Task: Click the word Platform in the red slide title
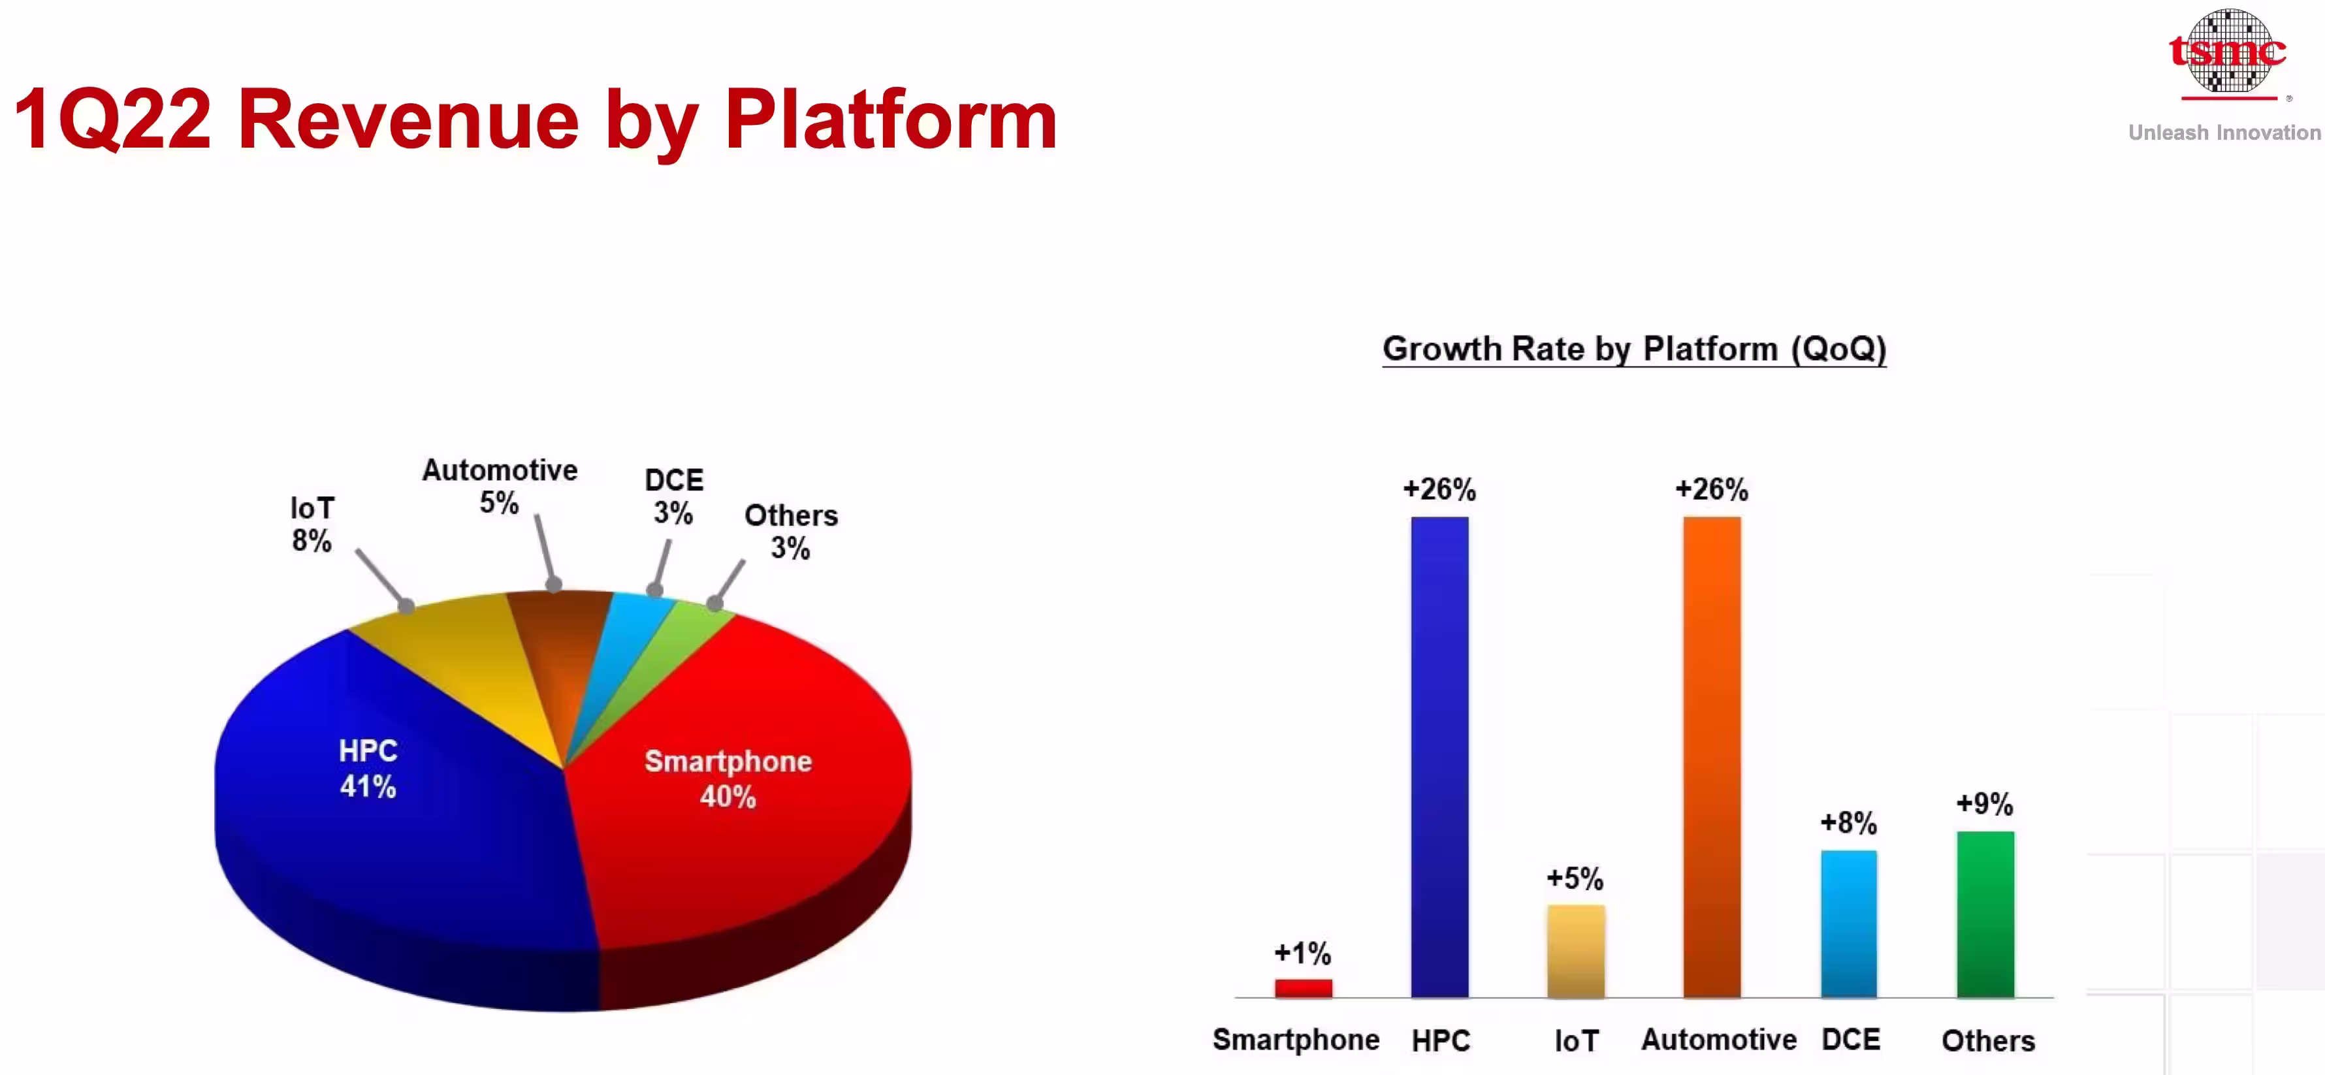tap(891, 120)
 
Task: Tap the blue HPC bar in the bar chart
tap(1439, 756)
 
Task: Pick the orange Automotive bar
tap(1712, 756)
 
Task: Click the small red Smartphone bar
tap(1304, 988)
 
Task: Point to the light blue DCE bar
tap(1848, 923)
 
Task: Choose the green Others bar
tap(1985, 914)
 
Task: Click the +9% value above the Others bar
tap(1985, 803)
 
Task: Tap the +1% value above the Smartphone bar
tap(1302, 952)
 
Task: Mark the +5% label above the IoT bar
tap(1575, 878)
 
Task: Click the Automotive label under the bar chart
tap(1718, 1040)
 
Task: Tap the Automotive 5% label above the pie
tap(500, 486)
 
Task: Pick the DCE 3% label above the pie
tap(674, 496)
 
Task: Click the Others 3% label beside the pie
tap(791, 532)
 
